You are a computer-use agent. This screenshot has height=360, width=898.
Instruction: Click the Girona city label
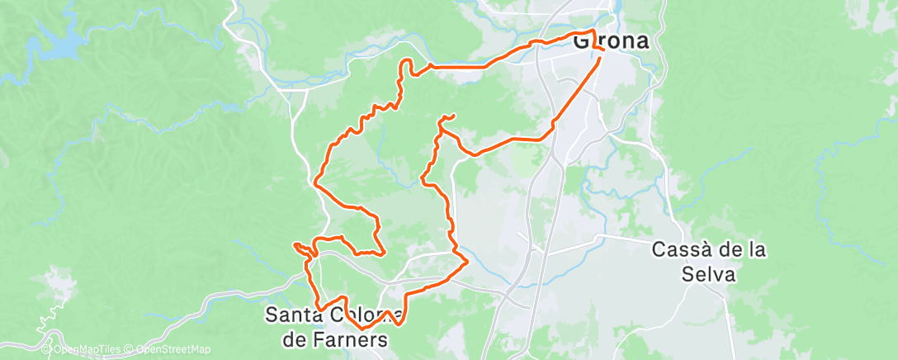coord(610,41)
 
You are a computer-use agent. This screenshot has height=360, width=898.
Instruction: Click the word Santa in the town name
coord(295,315)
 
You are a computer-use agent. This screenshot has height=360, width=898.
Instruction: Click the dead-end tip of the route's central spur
coord(454,116)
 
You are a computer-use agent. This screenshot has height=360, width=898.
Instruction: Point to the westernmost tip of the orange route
coord(295,245)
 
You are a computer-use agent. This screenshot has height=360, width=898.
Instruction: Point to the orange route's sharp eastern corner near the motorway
coord(467,263)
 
